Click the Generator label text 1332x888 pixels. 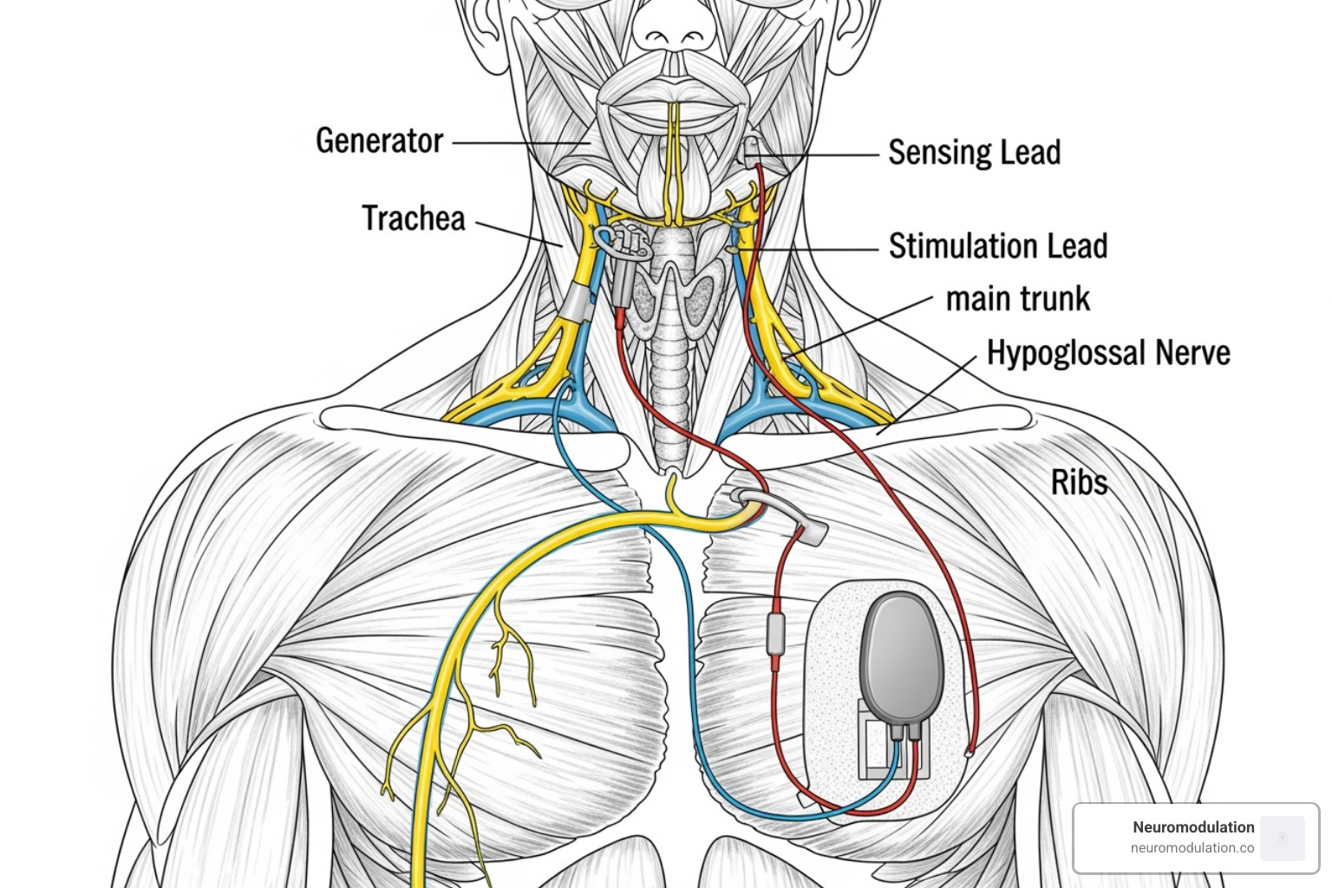point(379,141)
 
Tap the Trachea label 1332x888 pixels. point(414,219)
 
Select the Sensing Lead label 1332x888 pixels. point(974,153)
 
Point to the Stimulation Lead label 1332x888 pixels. point(997,246)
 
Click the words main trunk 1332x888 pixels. point(1017,299)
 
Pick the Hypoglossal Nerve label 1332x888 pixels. point(1108,353)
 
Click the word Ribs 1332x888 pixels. point(1079,483)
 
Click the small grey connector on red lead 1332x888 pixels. point(776,632)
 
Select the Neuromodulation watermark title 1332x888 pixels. point(1193,827)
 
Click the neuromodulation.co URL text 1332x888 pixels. point(1192,848)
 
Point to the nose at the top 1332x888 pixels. point(668,30)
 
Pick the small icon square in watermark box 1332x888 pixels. point(1283,838)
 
